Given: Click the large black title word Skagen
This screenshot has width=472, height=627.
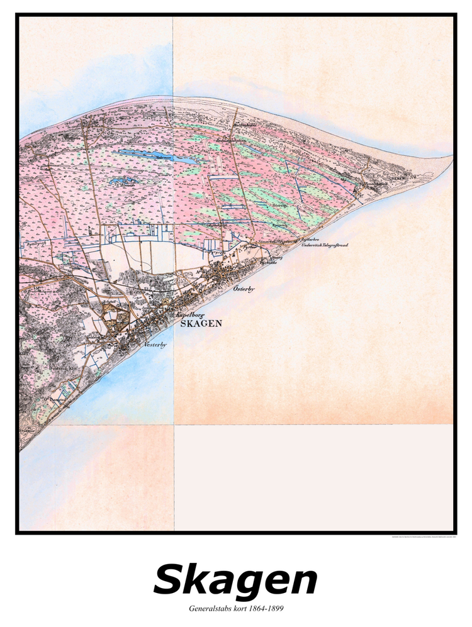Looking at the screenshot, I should (x=235, y=580).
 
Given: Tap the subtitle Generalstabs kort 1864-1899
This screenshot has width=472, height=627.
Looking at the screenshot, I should (x=235, y=609).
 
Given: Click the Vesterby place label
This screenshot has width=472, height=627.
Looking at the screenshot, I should (x=154, y=345).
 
